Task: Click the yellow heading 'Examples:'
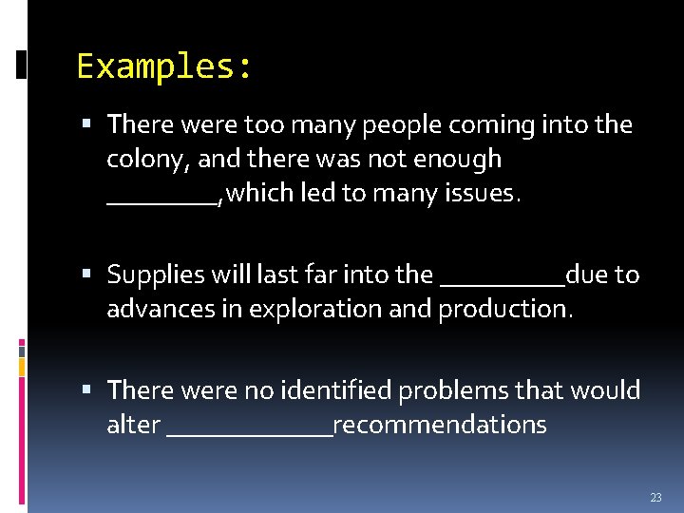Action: click(164, 66)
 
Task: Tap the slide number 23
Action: click(655, 498)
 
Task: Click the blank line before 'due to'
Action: click(503, 282)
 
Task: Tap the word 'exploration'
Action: click(328, 310)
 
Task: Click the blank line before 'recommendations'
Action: click(249, 432)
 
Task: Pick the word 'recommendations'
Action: click(440, 425)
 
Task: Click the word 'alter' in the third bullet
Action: click(133, 425)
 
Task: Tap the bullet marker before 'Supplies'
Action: click(87, 275)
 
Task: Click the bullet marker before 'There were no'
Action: click(87, 390)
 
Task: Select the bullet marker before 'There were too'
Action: click(87, 124)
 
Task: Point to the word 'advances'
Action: click(153, 310)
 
